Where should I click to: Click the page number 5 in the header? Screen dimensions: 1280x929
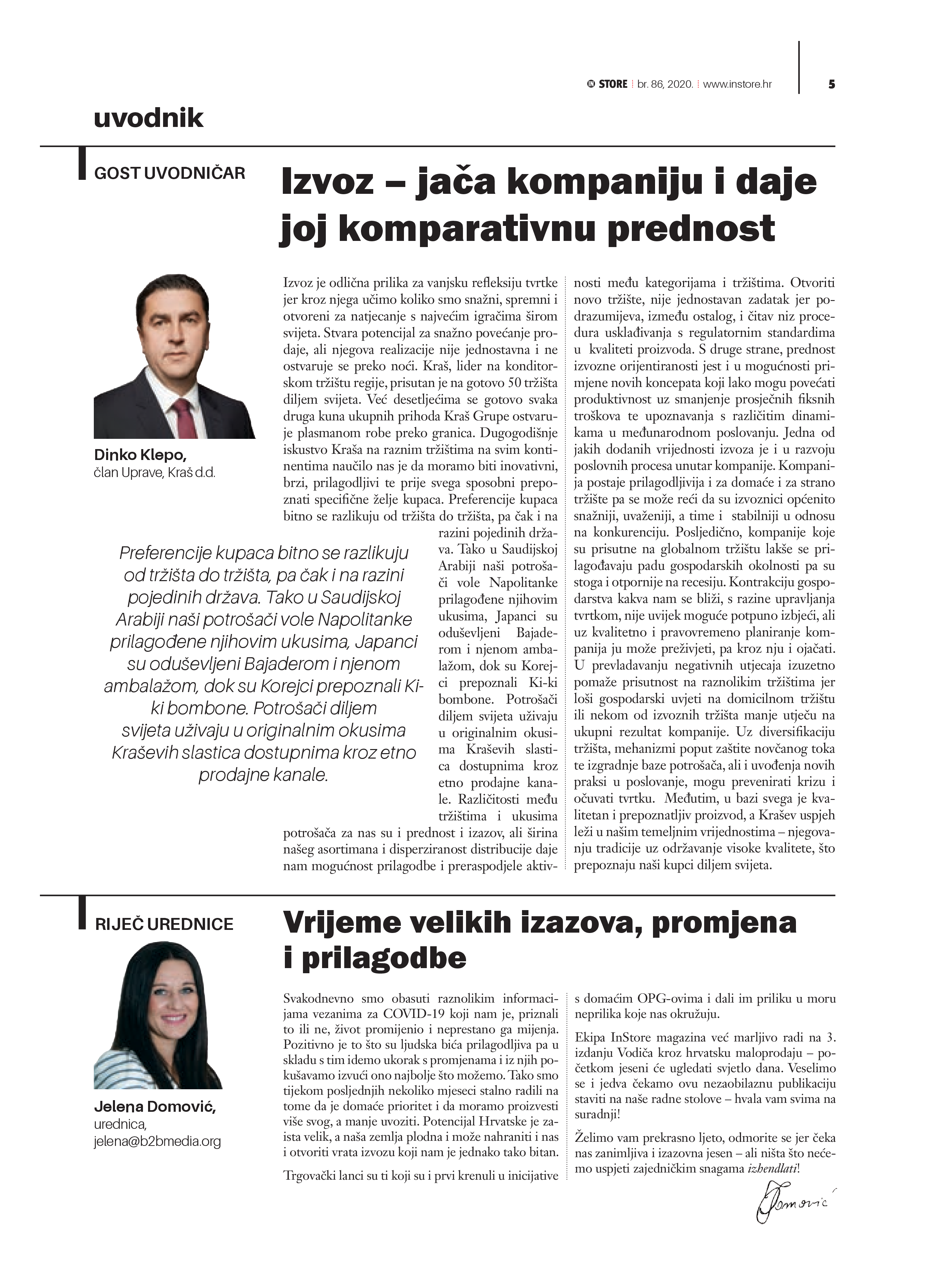click(x=831, y=85)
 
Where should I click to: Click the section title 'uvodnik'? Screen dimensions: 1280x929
click(x=148, y=118)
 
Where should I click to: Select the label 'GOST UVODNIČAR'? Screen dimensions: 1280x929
click(x=169, y=173)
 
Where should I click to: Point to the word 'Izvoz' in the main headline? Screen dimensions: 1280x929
click(x=328, y=182)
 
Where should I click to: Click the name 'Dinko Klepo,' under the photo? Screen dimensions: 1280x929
click(x=140, y=455)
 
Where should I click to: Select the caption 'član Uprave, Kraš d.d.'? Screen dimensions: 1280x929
click(x=155, y=473)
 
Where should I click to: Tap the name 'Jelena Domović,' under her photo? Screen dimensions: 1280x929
click(x=155, y=1107)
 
